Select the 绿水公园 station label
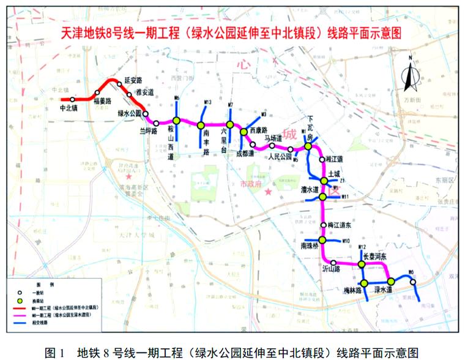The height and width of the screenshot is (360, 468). pyautogui.click(x=130, y=113)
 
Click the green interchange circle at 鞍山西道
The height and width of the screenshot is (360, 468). pyautogui.click(x=176, y=120)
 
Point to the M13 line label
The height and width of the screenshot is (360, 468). pyautogui.click(x=207, y=102)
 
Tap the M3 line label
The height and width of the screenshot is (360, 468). pyautogui.click(x=264, y=114)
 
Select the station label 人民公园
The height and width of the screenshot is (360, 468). pyautogui.click(x=278, y=156)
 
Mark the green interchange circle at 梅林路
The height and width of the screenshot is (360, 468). pyautogui.click(x=364, y=283)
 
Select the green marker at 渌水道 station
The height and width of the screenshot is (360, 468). pyautogui.click(x=391, y=282)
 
